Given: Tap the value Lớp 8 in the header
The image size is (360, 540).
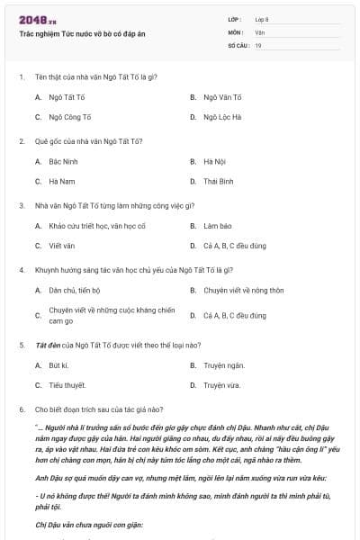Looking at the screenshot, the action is pos(262,19).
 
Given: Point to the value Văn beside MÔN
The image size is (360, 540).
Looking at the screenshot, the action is pos(259,31).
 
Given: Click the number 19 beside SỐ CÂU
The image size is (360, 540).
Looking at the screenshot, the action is pos(258,45).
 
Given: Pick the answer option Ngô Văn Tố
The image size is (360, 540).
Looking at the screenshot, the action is pos(222,96).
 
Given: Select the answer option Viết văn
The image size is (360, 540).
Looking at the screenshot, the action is pos(61,245).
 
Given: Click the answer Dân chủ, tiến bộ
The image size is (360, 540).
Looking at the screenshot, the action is pos(75,290).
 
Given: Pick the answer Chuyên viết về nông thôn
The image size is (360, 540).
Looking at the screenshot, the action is pos(243,290).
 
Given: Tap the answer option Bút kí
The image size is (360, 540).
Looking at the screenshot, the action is pos(58,364).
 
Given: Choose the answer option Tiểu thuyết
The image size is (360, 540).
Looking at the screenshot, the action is pos(66,384).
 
